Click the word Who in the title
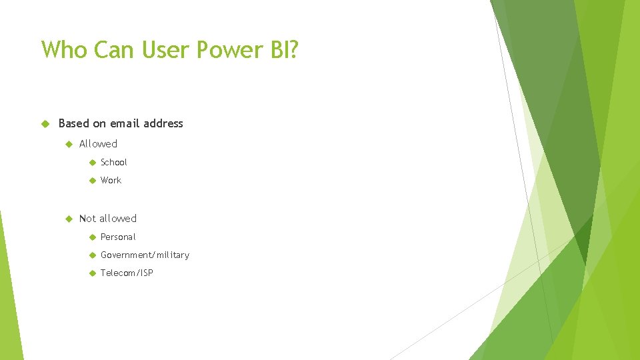pos(64,49)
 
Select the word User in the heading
pos(175,49)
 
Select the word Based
pos(73,123)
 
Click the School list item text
pos(113,162)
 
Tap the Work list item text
pos(111,180)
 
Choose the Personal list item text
pos(117,237)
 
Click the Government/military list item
pos(145,255)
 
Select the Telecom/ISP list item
pos(127,273)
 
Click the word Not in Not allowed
pos(87,218)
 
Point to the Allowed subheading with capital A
pos(98,143)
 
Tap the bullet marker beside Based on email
pos(45,123)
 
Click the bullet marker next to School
pos(91,162)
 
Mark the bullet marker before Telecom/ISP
pos(91,273)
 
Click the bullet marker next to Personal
pos(91,237)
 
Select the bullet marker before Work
pos(91,180)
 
